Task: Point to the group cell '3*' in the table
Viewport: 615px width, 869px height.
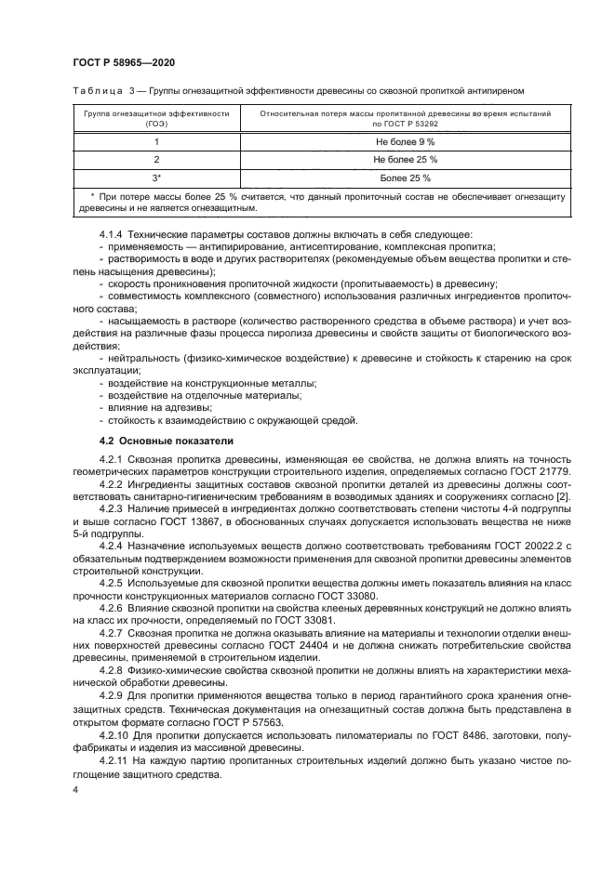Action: pos(156,178)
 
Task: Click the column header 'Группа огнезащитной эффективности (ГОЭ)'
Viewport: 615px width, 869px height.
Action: pos(156,116)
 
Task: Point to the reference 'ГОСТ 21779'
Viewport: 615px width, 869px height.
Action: pos(542,471)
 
